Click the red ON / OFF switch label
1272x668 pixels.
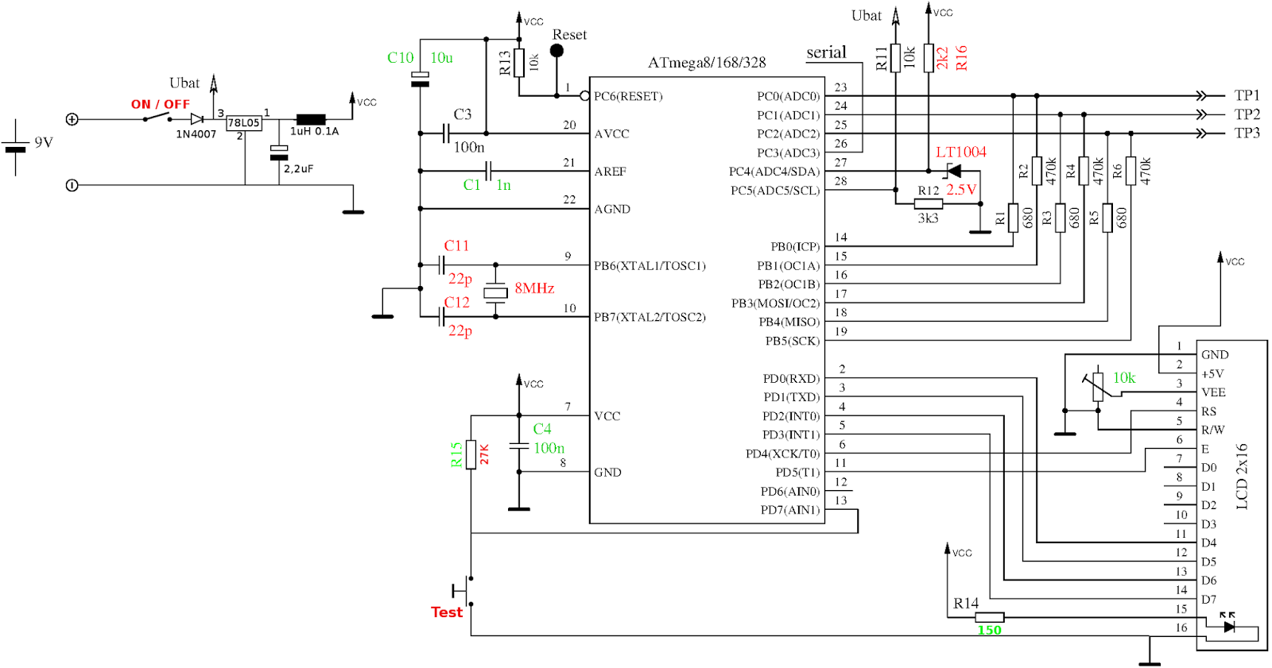(x=160, y=104)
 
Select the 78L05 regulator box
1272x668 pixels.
(x=244, y=123)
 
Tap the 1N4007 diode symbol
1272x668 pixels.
(x=196, y=119)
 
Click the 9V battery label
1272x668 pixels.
(x=44, y=142)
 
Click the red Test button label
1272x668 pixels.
(x=446, y=612)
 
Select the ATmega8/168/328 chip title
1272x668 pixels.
(x=706, y=62)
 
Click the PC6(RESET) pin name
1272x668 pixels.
(x=628, y=96)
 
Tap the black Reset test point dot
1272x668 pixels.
(x=556, y=51)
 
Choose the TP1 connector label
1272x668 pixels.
(x=1247, y=95)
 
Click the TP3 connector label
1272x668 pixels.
(x=1247, y=133)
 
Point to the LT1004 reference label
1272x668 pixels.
(x=960, y=152)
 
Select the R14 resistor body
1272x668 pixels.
(x=989, y=617)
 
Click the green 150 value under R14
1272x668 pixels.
(x=989, y=631)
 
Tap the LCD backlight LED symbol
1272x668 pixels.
(x=1229, y=627)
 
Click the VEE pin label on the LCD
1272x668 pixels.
(x=1213, y=392)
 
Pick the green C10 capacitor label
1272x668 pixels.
(x=400, y=58)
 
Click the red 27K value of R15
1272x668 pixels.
(x=485, y=454)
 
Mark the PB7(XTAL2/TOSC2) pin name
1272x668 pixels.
(x=650, y=317)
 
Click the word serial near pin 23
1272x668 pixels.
(x=826, y=52)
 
